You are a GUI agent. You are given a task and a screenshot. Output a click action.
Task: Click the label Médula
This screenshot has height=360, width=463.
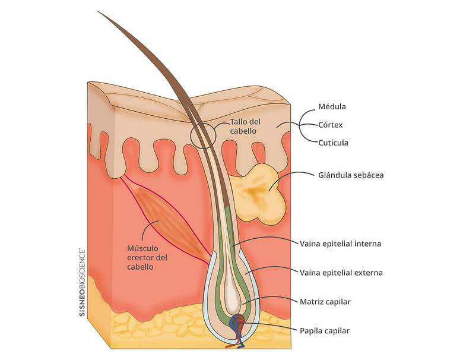pyautogui.click(x=332, y=107)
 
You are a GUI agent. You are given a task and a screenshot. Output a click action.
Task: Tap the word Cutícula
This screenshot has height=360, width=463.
pyautogui.click(x=332, y=143)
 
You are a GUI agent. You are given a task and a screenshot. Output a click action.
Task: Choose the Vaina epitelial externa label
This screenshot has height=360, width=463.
pyautogui.click(x=341, y=273)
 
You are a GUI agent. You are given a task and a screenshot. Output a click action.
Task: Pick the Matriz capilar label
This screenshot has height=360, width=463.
pyautogui.click(x=326, y=302)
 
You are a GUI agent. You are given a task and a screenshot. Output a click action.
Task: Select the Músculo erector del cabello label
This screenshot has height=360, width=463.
pyautogui.click(x=147, y=257)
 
